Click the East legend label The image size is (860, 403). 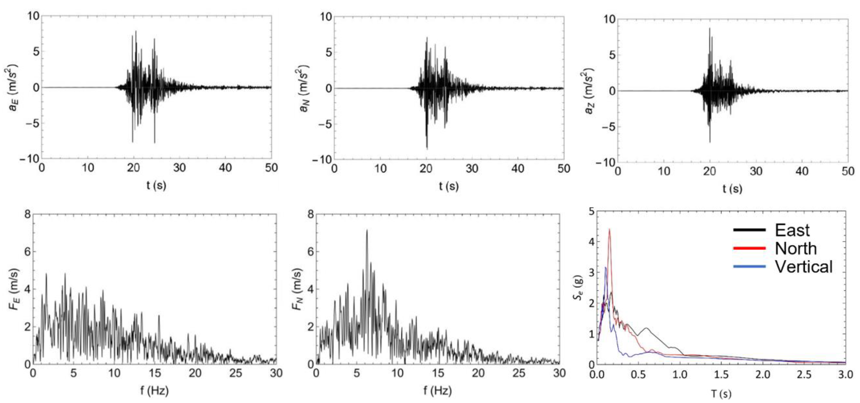tap(792, 230)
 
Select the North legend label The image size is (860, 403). tap(796, 249)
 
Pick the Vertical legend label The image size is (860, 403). tap(804, 267)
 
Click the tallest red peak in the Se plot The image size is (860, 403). tap(609, 229)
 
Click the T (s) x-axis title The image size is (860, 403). tap(721, 394)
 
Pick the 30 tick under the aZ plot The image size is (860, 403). tap(756, 171)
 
